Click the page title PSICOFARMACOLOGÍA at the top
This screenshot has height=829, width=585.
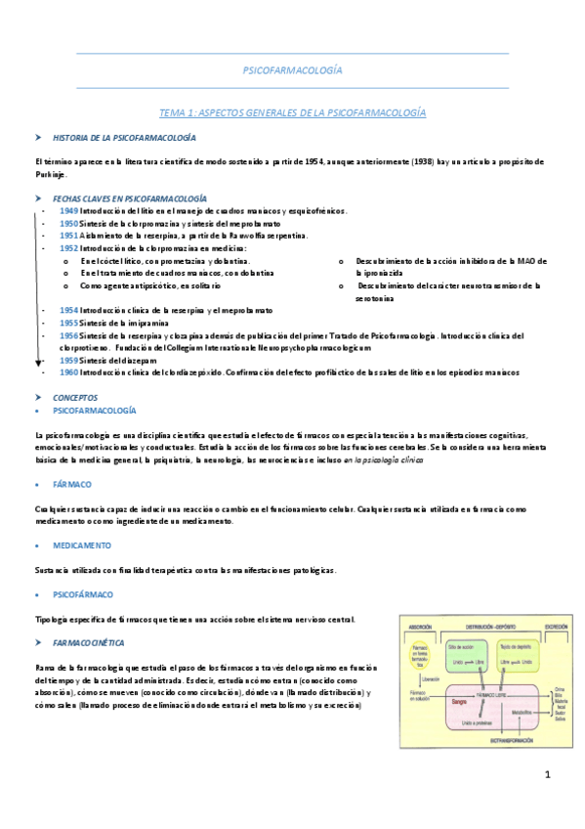click(292, 70)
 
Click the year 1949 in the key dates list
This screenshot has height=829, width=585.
click(68, 210)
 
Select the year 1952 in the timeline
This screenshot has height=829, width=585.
click(68, 248)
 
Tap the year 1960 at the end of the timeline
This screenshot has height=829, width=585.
click(68, 371)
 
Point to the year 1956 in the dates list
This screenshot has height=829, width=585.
click(68, 334)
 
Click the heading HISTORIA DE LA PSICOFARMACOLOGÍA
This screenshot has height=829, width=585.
click(124, 139)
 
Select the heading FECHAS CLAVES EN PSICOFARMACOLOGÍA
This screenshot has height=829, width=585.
click(129, 196)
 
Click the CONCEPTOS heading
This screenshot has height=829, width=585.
click(75, 398)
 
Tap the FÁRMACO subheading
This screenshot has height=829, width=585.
click(73, 483)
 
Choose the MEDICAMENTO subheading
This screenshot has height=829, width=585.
click(83, 545)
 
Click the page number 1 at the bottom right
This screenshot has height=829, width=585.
click(548, 775)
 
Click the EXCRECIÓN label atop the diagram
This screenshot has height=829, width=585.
click(557, 626)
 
